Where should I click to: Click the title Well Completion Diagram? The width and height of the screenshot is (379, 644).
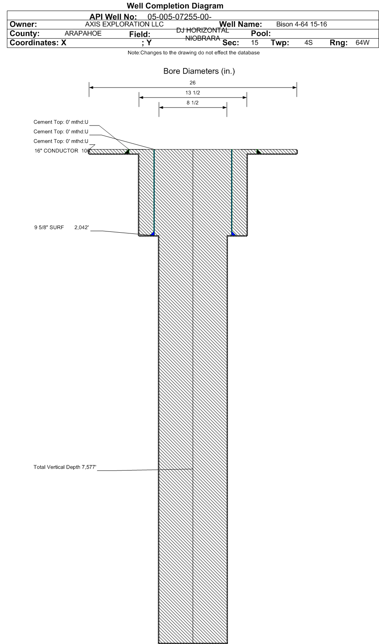coord(175,6)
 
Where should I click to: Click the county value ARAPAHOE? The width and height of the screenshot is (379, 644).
coord(83,34)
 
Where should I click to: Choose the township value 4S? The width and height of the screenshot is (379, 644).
coord(308,42)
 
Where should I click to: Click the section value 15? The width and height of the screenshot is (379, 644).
coord(255,42)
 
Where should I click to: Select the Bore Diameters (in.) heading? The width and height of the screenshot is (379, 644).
coord(199,72)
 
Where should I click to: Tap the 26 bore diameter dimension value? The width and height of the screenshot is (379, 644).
coord(193,83)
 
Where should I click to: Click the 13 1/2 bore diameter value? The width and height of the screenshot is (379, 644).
coord(193,93)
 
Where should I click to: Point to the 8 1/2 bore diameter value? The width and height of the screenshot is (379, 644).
coord(193,103)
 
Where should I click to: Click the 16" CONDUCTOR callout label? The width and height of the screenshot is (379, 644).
coord(56,151)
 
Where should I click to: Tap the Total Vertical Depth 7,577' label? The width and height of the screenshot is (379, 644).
coord(65,467)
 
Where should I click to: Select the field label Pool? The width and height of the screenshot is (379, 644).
coord(261,34)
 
